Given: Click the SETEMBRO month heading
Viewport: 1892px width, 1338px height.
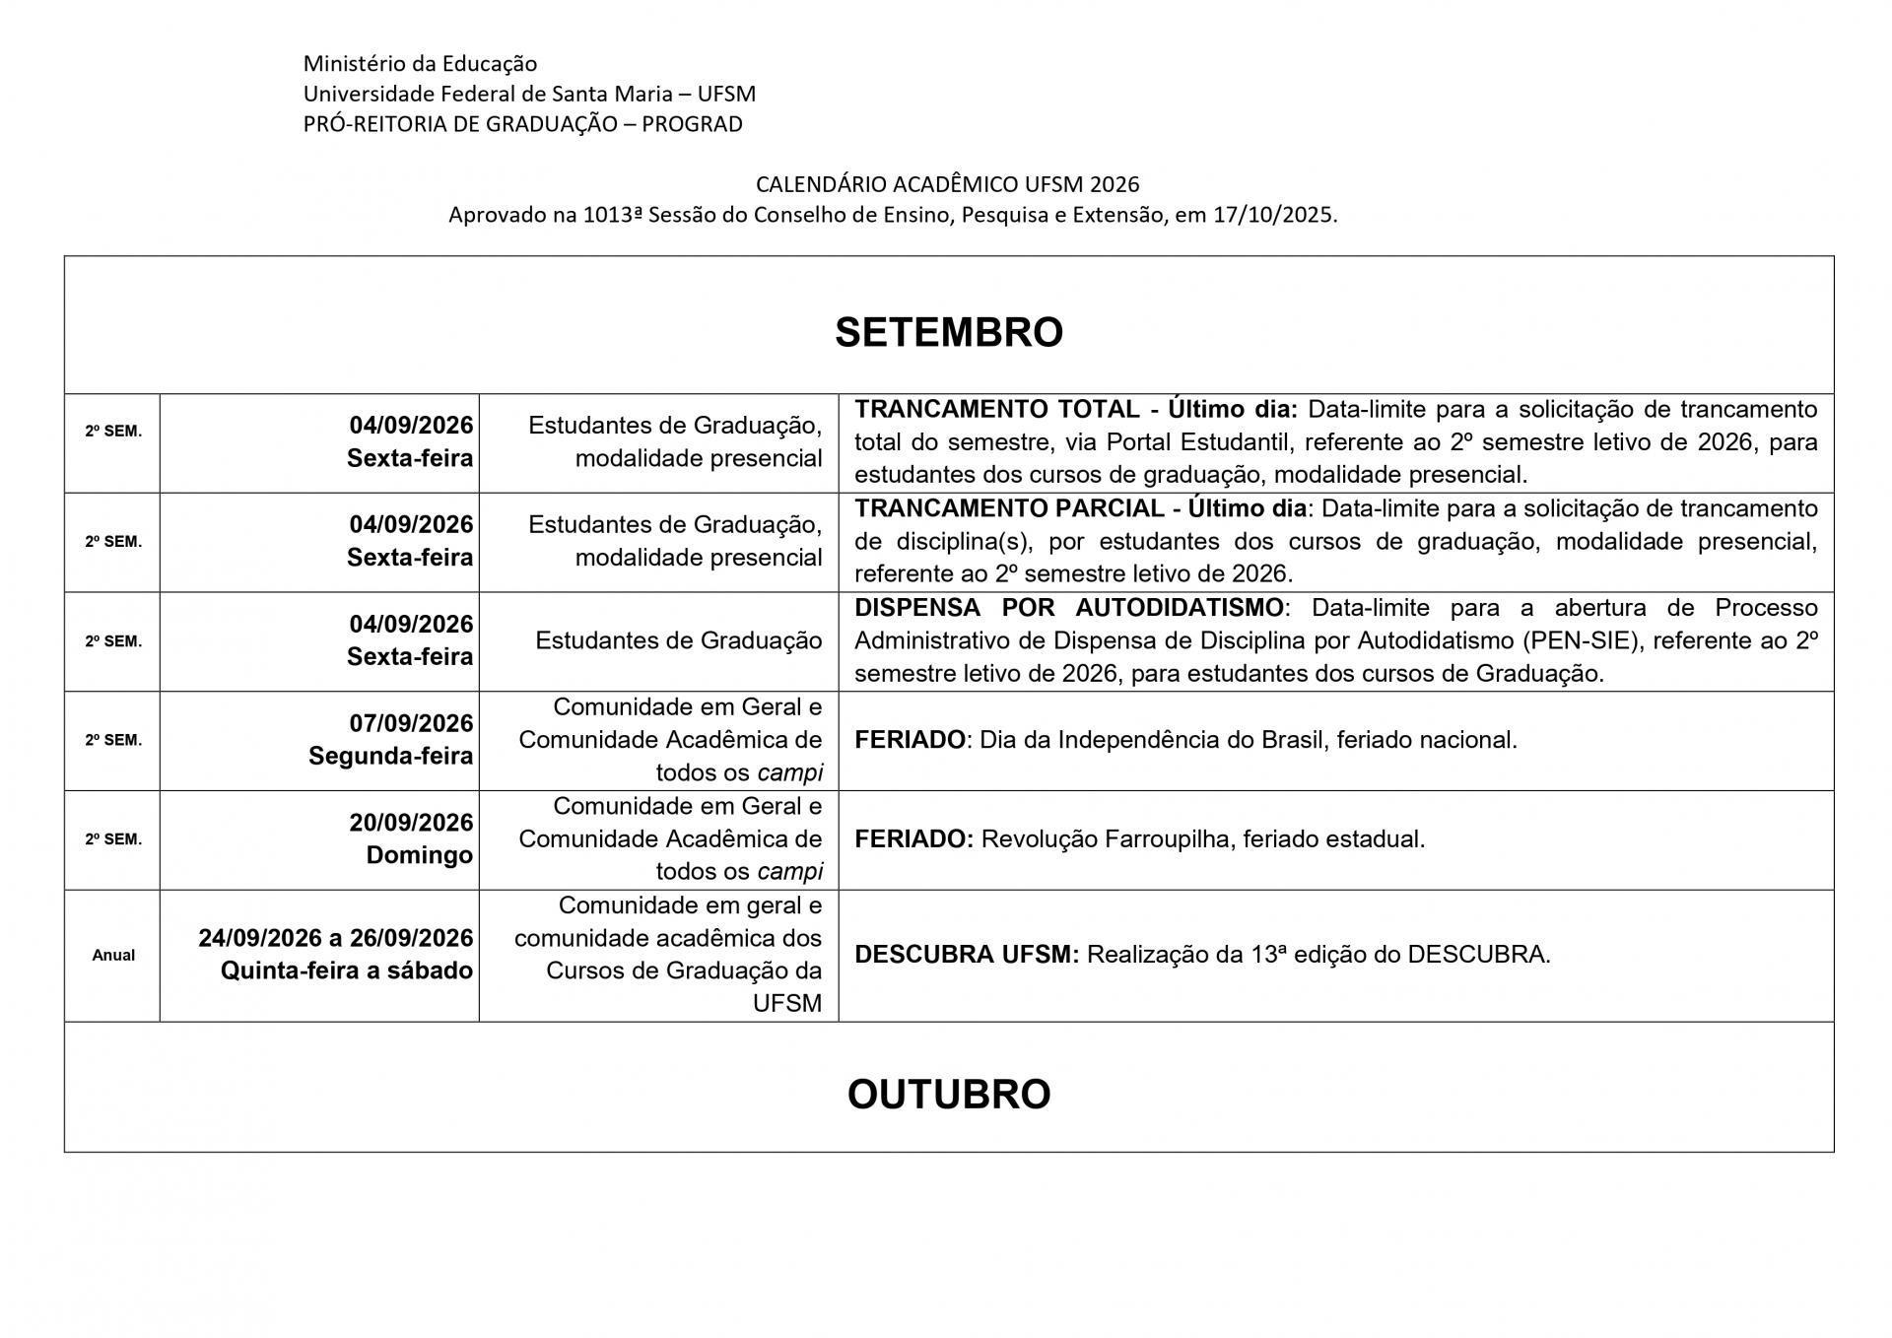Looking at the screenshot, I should pos(948,332).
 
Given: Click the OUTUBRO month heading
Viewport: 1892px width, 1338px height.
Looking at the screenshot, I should pos(948,1094).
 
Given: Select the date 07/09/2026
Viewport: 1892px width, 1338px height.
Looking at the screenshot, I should pos(411,723).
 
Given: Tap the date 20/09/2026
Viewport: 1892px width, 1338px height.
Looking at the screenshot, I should pos(411,822).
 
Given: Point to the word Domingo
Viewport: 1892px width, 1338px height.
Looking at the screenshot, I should pos(419,855).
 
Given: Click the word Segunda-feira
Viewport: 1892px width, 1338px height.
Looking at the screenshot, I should pos(390,756).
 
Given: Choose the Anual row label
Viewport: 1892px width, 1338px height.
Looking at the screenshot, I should pos(113,955).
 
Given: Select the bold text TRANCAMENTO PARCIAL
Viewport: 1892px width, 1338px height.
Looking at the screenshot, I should pos(1009,508).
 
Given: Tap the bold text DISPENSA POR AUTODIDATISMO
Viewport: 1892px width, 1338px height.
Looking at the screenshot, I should pos(1068,607).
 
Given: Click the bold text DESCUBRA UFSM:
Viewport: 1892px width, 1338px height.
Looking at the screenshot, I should pos(966,955).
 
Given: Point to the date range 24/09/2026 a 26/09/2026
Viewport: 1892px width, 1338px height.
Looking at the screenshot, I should pos(335,937).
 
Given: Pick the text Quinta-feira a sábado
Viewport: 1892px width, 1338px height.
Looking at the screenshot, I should pos(346,970).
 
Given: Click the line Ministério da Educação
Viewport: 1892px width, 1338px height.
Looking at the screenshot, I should pos(420,64).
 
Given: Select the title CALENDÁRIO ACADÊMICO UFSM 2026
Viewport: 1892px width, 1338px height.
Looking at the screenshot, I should pos(947,184).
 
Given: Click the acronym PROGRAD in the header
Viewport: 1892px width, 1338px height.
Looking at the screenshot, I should pos(692,124).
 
